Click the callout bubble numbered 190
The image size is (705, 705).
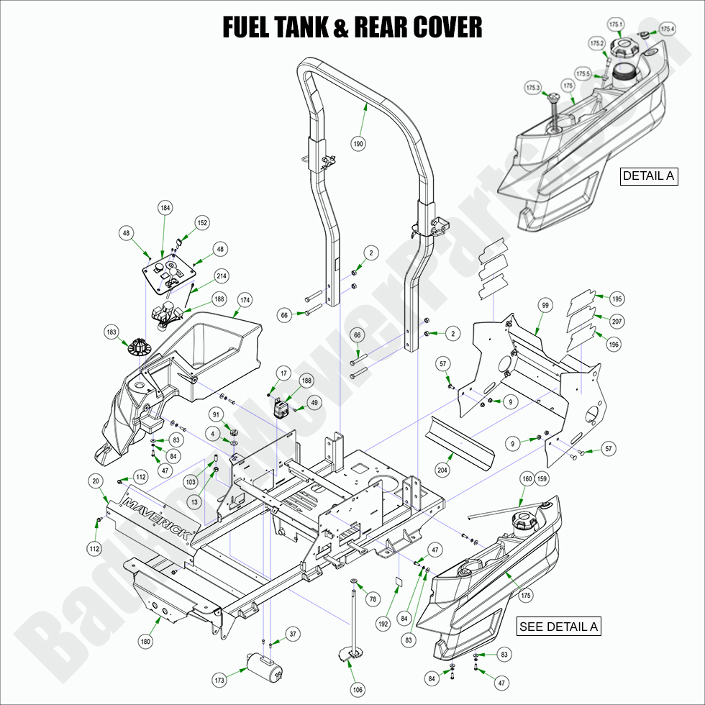(x=358, y=144)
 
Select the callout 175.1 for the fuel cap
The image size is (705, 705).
(x=616, y=24)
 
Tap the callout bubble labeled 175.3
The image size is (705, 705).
(x=533, y=88)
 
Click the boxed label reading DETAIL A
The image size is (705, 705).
(x=649, y=176)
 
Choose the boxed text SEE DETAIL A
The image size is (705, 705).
(x=558, y=627)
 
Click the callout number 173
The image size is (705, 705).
(x=219, y=680)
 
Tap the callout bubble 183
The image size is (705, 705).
(x=112, y=332)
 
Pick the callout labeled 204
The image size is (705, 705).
(x=442, y=470)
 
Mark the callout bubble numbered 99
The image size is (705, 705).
(x=545, y=306)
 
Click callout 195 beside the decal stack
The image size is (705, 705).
(x=617, y=299)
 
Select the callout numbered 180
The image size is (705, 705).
(x=145, y=642)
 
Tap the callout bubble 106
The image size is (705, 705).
(x=358, y=690)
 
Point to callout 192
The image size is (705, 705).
(x=383, y=624)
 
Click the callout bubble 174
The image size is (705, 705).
(x=245, y=299)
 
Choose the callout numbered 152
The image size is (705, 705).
(x=202, y=223)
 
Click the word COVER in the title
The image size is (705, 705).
(x=447, y=27)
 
